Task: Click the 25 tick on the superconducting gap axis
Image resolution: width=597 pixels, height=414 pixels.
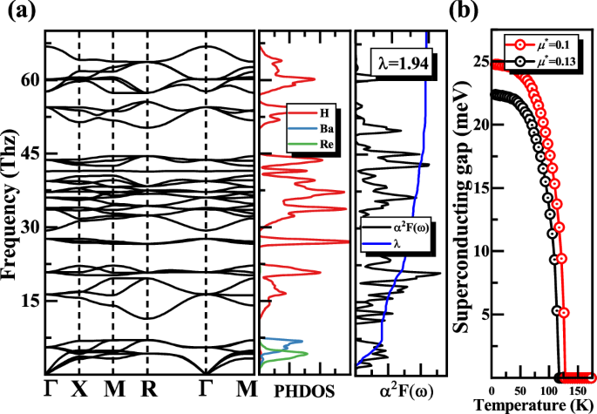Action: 478,62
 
